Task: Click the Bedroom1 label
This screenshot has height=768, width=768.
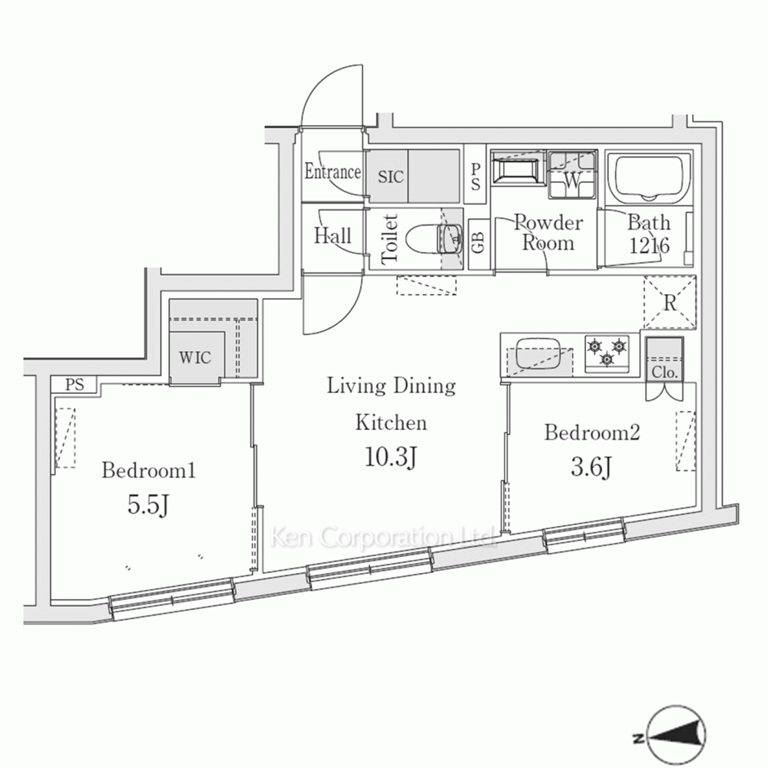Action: pos(148,471)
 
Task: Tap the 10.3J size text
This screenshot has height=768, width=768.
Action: pos(391,458)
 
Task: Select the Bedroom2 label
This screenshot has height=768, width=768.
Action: pos(592,432)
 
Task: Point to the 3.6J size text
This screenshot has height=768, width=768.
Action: pos(591,467)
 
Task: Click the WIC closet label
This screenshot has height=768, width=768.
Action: pos(195,358)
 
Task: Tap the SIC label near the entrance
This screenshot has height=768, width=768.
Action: pos(391,177)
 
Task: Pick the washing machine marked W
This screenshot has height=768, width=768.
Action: pos(572,175)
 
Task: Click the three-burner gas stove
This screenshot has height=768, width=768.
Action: pos(607,353)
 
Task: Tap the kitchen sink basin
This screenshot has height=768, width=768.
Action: pos(538,353)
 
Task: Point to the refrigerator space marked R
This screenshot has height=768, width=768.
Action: pos(670,303)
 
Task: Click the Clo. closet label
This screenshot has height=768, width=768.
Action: pos(664,372)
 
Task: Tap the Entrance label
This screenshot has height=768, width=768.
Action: pos(333,171)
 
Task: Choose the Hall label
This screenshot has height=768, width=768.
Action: pos(333,236)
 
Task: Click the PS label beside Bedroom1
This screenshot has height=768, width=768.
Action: pos(74,384)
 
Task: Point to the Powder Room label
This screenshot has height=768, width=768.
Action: pos(548,233)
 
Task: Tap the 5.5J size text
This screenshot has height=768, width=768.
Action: pos(148,505)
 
